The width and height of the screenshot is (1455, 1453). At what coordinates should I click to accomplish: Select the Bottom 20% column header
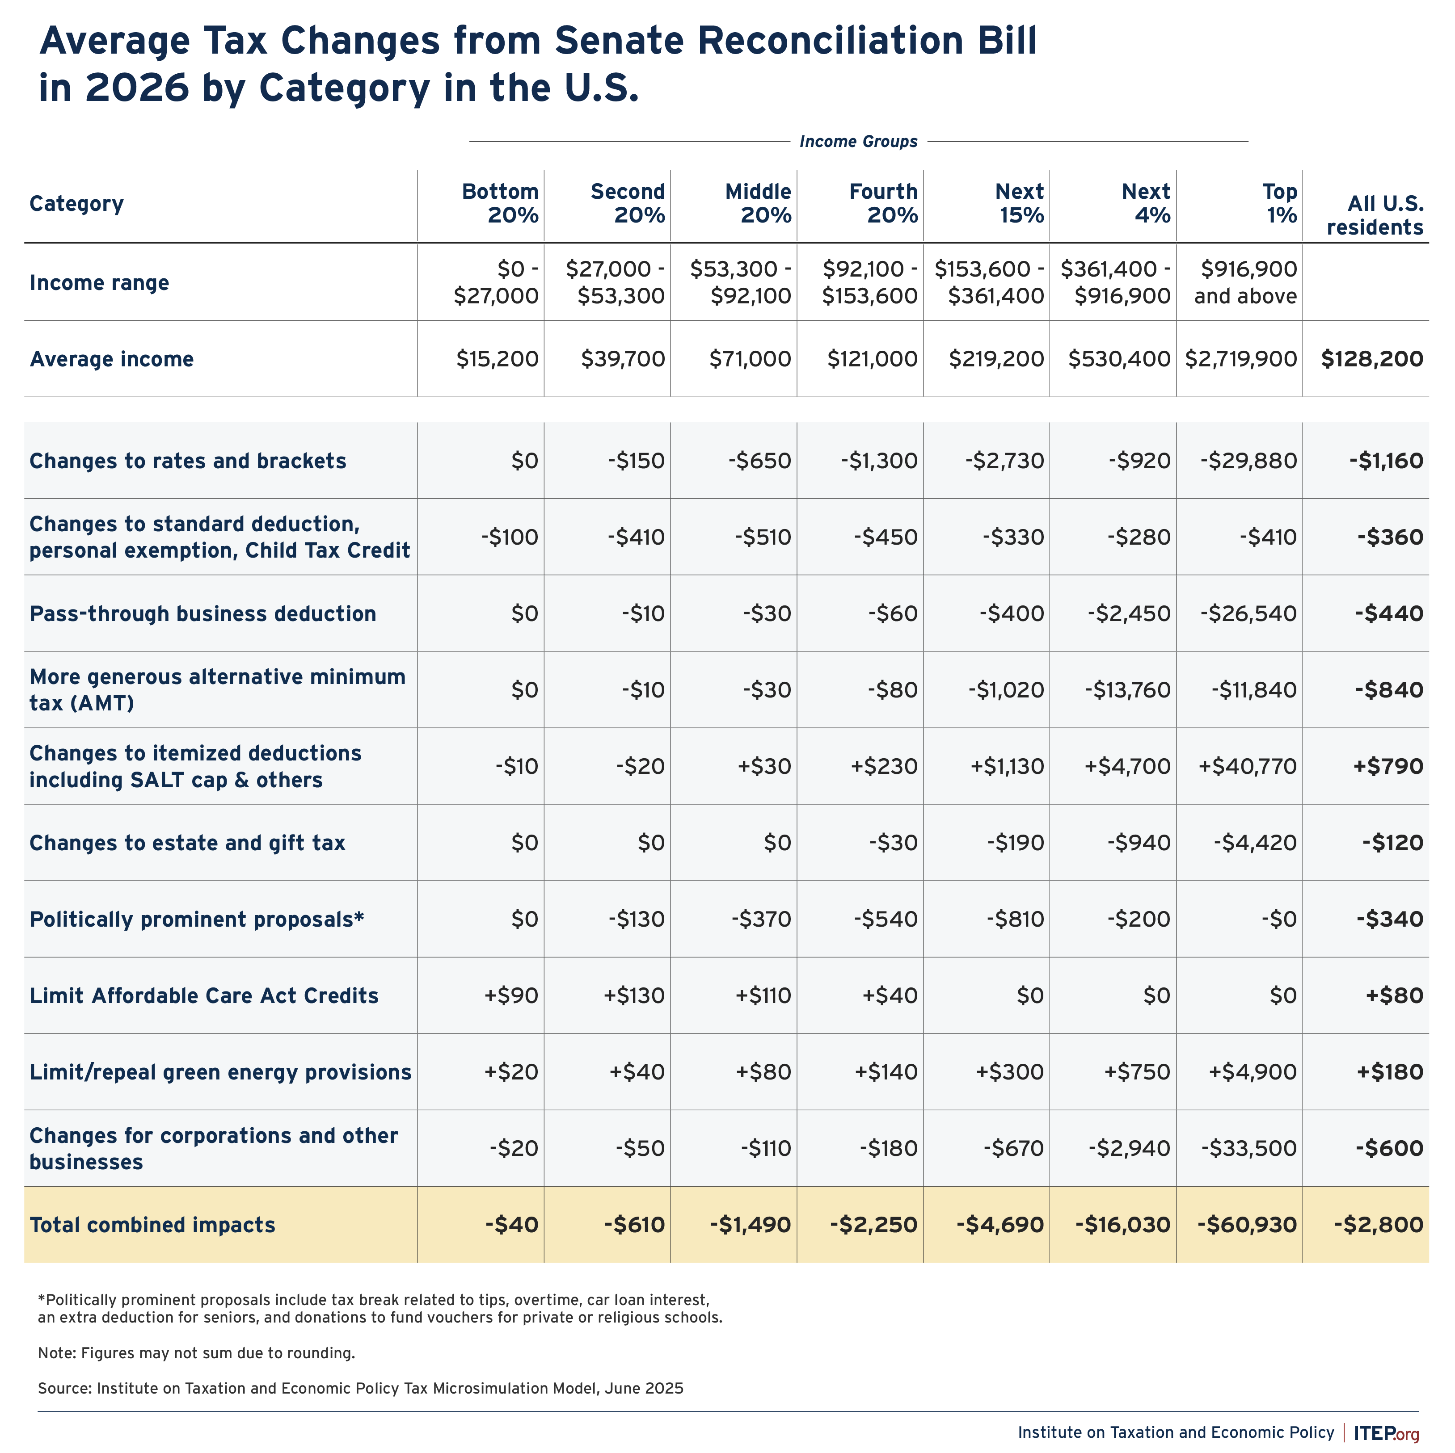click(x=500, y=204)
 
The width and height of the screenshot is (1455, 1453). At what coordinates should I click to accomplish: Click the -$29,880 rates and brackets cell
click(x=1248, y=461)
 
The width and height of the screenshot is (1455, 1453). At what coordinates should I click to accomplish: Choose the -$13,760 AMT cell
click(x=1128, y=689)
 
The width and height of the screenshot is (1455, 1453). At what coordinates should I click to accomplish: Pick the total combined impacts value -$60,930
click(x=1247, y=1225)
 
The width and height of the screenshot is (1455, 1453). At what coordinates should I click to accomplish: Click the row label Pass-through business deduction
click(x=202, y=613)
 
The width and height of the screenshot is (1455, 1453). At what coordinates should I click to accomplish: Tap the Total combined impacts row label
click(x=152, y=1225)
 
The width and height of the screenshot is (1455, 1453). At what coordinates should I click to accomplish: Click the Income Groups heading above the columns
click(x=859, y=142)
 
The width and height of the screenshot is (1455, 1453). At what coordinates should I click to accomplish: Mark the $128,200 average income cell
click(x=1372, y=359)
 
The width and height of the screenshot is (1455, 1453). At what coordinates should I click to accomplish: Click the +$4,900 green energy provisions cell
click(x=1253, y=1072)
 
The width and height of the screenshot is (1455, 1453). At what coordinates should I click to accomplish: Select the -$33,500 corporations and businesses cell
click(x=1248, y=1148)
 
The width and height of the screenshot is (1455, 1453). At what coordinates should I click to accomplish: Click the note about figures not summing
click(x=197, y=1353)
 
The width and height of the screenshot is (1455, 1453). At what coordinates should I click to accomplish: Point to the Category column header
click(x=77, y=204)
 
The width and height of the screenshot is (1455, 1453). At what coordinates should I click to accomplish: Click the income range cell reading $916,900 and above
click(x=1246, y=282)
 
